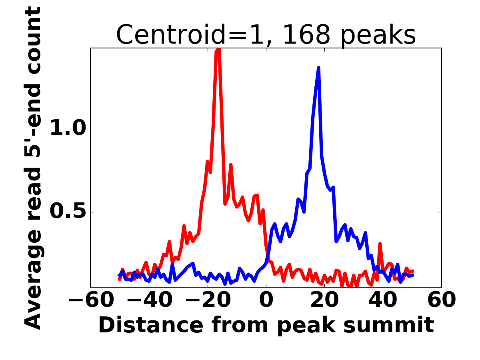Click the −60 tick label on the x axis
tap(91, 300)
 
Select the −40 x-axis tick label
tap(149, 300)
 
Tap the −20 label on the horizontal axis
tap(208, 300)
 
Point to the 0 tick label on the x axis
tap(266, 300)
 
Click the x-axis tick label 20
tap(324, 300)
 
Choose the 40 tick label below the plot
tap(383, 300)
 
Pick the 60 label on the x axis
tap(442, 300)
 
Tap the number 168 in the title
tap(306, 34)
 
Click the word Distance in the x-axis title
tap(151, 325)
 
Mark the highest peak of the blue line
tap(319, 68)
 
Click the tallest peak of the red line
tap(218, 49)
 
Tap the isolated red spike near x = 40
tap(380, 244)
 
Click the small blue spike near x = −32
tap(172, 264)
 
